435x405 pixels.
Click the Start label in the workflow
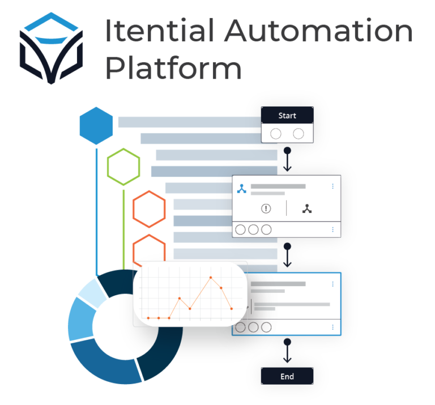coord(287,116)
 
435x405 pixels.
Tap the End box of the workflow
coord(287,376)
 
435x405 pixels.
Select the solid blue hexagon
coord(96,125)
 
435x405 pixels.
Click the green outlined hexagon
coord(123,167)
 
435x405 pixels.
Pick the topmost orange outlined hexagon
coord(150,209)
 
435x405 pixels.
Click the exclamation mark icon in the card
coord(266,208)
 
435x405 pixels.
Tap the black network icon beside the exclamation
coord(307,208)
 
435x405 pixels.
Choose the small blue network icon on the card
coord(242,189)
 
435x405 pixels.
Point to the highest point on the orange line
coord(211,278)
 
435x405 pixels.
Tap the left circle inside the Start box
coord(276,134)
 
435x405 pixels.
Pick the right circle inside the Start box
coord(298,134)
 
